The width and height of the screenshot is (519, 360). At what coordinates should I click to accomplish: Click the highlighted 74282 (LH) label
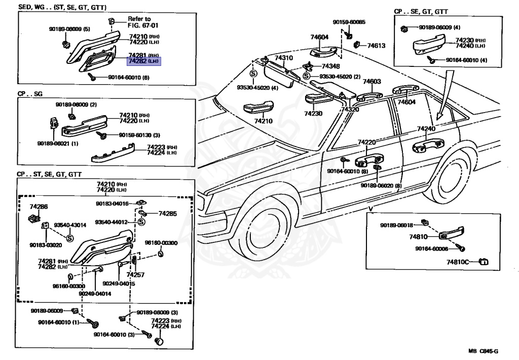[143, 61]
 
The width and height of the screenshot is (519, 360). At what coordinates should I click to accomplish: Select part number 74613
[376, 46]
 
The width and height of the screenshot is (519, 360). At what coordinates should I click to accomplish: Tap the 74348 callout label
[330, 66]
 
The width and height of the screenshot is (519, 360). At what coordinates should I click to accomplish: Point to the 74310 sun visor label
[284, 58]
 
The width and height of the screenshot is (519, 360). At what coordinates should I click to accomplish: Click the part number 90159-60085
[349, 22]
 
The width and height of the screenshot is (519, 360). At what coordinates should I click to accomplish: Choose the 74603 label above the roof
[371, 82]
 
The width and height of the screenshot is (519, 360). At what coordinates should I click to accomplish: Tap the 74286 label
[39, 207]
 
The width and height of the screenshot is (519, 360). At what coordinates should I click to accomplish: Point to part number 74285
[168, 214]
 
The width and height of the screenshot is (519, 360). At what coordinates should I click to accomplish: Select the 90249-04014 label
[96, 293]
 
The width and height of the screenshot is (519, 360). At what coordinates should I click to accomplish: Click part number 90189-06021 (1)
[57, 143]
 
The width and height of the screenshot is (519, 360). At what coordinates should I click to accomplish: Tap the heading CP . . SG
[31, 94]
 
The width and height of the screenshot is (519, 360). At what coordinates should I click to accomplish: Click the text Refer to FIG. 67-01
[139, 22]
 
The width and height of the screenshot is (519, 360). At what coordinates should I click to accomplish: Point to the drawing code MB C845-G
[483, 351]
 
